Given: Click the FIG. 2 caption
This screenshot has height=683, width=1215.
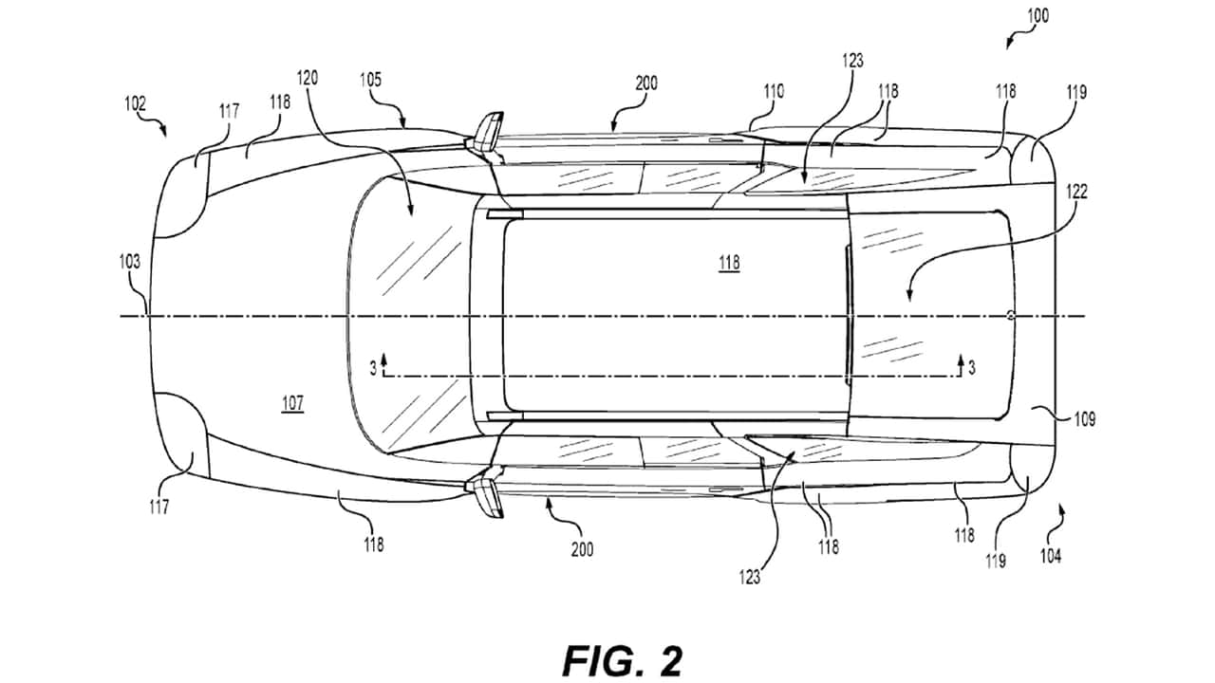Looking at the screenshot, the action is (x=622, y=660).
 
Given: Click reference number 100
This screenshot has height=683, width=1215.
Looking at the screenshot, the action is (x=1037, y=16).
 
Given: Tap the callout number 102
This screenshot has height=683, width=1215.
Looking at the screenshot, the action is (x=135, y=103).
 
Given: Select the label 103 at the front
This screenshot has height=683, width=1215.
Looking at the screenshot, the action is (x=130, y=262).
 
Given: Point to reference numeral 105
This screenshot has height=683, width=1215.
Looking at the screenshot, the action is (x=370, y=80).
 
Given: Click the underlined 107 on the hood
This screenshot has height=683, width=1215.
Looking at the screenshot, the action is (x=292, y=403).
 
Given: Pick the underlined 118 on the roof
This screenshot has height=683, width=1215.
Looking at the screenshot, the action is (x=729, y=264).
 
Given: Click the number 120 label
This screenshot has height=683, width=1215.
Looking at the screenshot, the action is (x=307, y=78).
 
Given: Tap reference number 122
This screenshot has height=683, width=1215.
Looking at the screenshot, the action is (x=1076, y=192).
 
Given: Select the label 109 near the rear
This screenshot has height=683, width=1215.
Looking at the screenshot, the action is (x=1084, y=419).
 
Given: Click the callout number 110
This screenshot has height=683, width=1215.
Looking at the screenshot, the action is (x=774, y=91).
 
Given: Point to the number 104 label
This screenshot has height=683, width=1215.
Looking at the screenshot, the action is (x=1051, y=556).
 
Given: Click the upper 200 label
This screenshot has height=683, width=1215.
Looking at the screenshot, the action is (x=646, y=83).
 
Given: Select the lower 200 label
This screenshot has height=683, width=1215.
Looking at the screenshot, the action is (x=582, y=549).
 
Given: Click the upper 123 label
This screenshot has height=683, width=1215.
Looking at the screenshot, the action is (x=852, y=61).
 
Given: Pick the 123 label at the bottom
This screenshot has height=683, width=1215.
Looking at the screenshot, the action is (x=750, y=578).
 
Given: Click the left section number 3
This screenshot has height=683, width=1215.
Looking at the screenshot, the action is (x=373, y=369).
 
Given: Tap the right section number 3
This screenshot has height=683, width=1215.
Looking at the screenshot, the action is (x=971, y=368).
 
